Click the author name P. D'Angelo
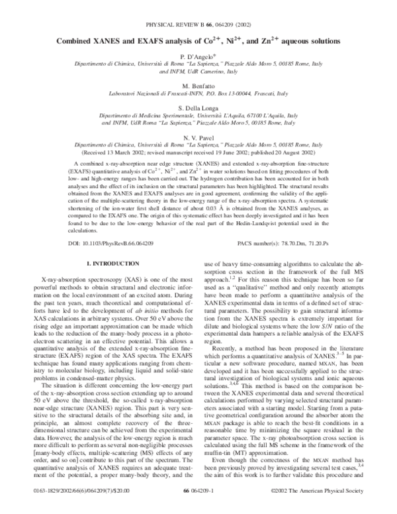click(x=198, y=60)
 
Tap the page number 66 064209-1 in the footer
click(x=198, y=493)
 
